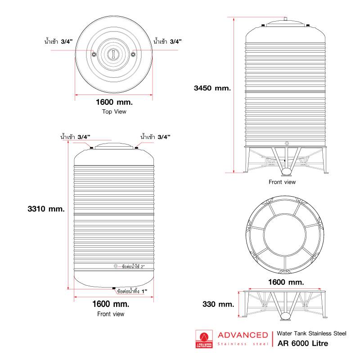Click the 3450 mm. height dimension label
coord(212,88)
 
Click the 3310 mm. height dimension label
coord(46,209)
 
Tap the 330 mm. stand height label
coord(218,304)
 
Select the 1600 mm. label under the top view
coord(114,102)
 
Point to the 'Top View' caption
coord(114,112)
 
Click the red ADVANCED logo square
coord(204,339)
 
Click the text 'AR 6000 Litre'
coord(303,343)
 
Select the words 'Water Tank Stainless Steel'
coord(311,333)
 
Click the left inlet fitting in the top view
coord(94,54)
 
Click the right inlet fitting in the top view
coord(133,54)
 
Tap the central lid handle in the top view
coord(113,54)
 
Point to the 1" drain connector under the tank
coord(114,288)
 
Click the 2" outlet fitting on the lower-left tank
coord(116,266)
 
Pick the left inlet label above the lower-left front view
coord(75,137)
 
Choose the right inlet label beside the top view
coord(167,41)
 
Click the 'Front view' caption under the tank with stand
coord(282,182)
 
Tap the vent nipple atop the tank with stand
coord(285,19)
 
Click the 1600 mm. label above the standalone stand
coord(286,282)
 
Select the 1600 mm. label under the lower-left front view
coord(111,304)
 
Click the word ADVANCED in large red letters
coord(243,335)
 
